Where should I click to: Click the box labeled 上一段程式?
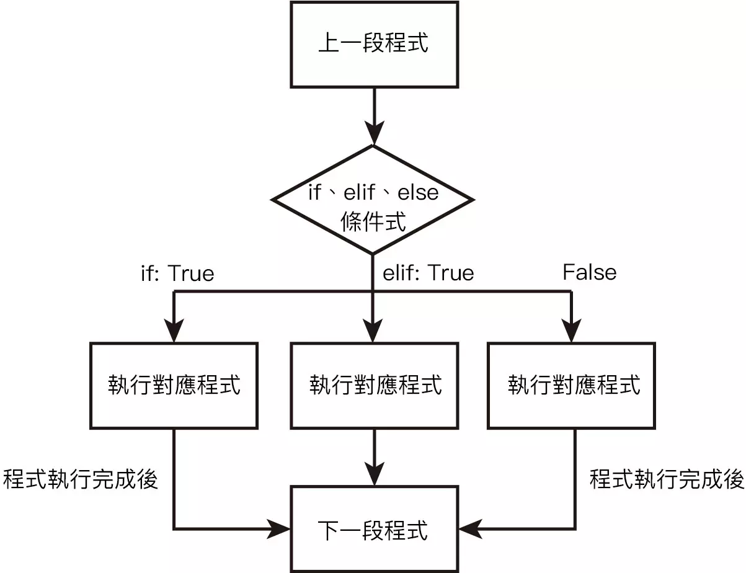pos(374,45)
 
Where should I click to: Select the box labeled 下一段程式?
pos(374,530)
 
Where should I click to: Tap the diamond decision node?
pos(373,200)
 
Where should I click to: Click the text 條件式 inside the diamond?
pos(373,221)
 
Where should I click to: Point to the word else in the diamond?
pos(417,193)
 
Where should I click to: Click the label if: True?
pos(177,273)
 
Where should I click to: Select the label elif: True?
pos(428,273)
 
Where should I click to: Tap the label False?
pos(589,272)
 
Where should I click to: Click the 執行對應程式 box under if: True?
pos(174,385)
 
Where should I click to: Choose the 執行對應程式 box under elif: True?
pos(374,385)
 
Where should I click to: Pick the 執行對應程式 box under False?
pos(572,385)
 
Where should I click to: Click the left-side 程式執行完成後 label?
pos(80,479)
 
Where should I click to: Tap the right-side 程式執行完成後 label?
pos(666,479)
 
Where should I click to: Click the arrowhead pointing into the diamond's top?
pos(373,133)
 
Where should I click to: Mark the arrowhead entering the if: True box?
pos(174,330)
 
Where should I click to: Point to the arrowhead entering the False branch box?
pos(571,330)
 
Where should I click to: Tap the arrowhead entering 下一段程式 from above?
pos(373,474)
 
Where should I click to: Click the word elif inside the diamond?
pos(360,193)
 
